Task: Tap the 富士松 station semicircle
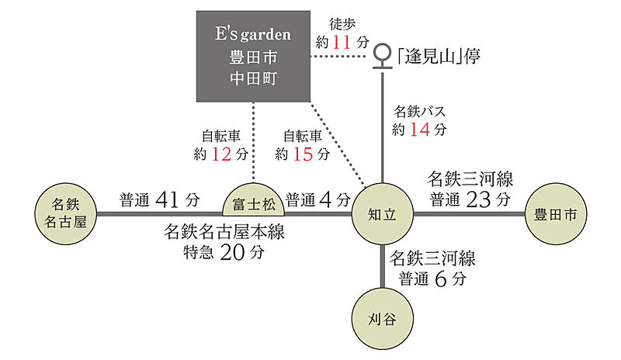254,202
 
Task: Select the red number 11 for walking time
342,42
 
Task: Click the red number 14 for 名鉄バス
419,130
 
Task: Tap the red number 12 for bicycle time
220,154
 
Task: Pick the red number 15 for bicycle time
301,154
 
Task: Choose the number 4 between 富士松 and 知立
324,199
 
